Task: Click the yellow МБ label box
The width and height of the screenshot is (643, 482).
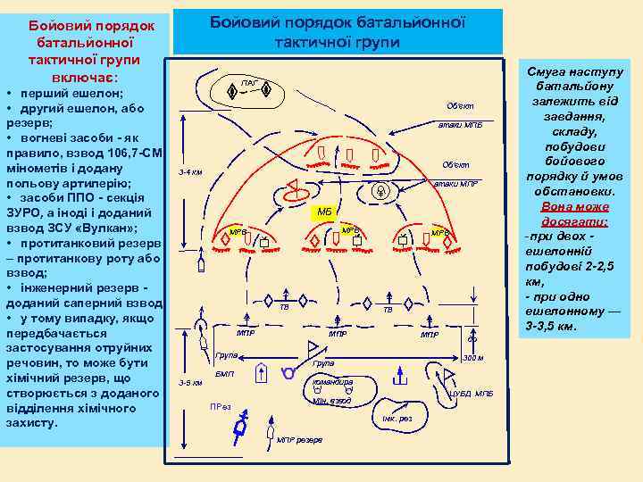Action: coord(324,212)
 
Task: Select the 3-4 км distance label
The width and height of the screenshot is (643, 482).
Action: coord(189,171)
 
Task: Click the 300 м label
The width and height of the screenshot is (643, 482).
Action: coord(473,358)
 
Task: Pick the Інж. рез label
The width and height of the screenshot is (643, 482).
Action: coord(397,418)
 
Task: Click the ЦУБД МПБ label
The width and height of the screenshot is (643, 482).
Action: coord(471,392)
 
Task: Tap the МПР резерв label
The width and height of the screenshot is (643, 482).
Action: coord(300,440)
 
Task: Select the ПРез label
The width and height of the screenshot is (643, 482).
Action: coord(220,407)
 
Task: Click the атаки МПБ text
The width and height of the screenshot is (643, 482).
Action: coord(460,125)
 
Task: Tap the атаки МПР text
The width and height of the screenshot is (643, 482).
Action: coord(455,184)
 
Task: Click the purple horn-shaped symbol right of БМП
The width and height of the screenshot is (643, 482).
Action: coord(288,372)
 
